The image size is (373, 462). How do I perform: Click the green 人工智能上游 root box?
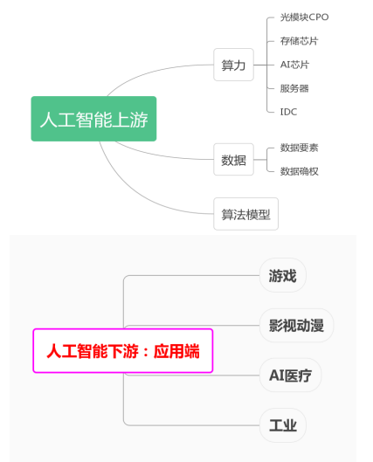93,119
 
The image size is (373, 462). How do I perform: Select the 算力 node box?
233,65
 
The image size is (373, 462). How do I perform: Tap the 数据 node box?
233,160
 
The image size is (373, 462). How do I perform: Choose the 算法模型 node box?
245,214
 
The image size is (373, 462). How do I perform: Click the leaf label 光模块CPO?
304,17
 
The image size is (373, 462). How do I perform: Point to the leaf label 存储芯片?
299,41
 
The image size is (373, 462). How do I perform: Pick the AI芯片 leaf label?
294,65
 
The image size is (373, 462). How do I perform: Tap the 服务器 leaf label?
294,88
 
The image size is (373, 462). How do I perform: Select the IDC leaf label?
288,112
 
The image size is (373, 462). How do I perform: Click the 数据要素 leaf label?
299,148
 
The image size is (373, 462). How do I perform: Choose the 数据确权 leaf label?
299,171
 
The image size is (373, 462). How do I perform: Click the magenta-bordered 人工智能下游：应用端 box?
123,350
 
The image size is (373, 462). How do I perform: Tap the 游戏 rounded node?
282,275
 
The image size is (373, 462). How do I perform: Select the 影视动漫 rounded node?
296,325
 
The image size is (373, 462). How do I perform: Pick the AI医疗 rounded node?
290,375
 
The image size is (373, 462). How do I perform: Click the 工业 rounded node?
282,425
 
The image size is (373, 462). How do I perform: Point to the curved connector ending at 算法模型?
133,193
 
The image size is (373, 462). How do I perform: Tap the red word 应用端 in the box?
176,351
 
